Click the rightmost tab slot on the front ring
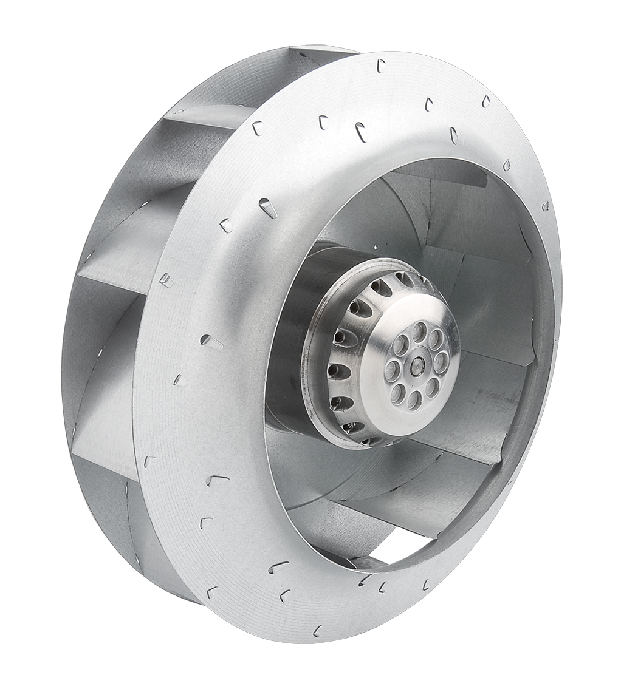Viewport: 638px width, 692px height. [x=545, y=206]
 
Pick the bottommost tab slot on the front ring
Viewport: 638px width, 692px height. [x=317, y=631]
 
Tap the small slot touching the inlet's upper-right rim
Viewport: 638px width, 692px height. [x=506, y=165]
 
